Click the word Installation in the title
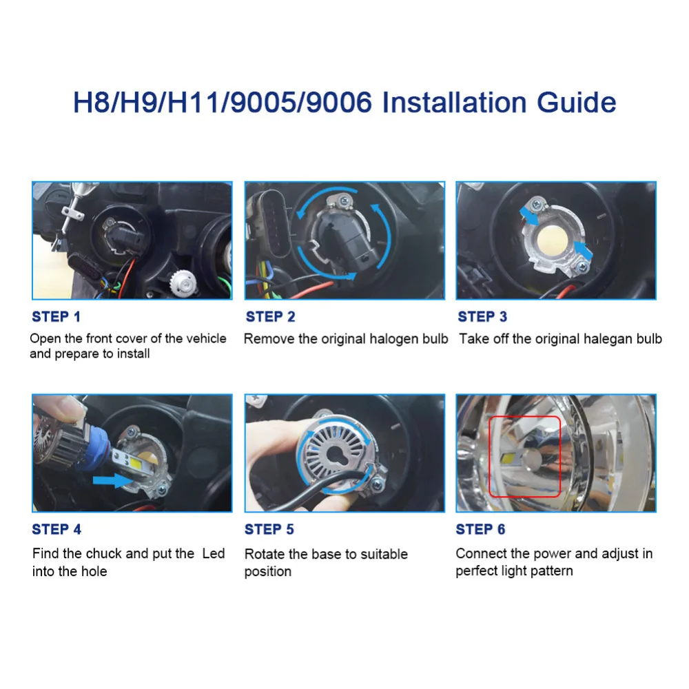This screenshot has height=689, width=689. tap(454, 103)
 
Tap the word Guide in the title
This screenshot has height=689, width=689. tap(577, 103)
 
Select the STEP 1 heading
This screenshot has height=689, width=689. tap(56, 316)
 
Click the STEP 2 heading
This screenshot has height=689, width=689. tap(270, 316)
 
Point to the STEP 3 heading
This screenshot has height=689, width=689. tap(482, 316)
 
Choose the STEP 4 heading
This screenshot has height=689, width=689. tap(56, 529)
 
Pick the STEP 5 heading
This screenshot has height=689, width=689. tap(269, 529)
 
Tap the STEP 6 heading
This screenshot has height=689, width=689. tap(480, 529)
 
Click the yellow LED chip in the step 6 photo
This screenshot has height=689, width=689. tap(508, 458)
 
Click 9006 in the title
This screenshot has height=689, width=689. tap(339, 103)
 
